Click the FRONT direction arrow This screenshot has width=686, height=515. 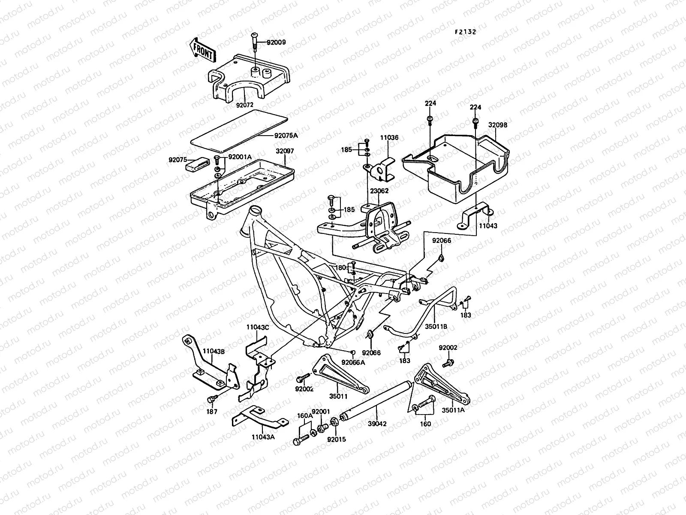click(x=202, y=48)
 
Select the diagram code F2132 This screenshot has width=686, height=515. click(x=465, y=32)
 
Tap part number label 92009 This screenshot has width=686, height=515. click(x=276, y=42)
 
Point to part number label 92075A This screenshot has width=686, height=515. click(x=286, y=136)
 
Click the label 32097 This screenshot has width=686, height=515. click(x=285, y=151)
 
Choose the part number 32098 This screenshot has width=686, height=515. click(x=497, y=125)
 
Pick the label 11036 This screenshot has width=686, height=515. click(x=389, y=138)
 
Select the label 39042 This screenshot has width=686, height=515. click(x=377, y=424)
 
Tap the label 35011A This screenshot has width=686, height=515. click(x=454, y=410)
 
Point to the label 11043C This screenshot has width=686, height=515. click(x=257, y=327)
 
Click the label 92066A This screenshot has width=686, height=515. click(x=353, y=362)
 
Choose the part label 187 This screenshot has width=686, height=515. click(x=212, y=412)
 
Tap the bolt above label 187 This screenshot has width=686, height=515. click(x=211, y=400)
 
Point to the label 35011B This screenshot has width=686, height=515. click(x=436, y=326)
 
